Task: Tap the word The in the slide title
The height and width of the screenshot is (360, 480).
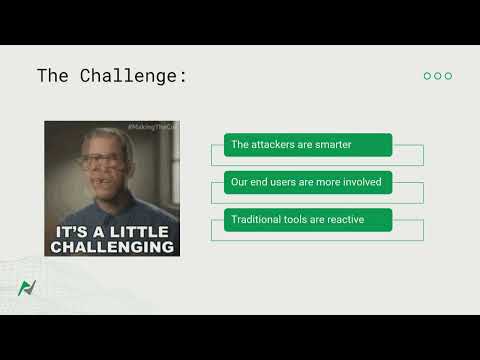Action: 53,76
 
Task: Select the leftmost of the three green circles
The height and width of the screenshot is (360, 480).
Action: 427,76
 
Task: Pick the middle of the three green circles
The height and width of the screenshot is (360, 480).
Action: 438,76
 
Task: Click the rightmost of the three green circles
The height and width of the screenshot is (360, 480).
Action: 449,76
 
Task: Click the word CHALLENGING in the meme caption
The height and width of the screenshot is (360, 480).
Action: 113,246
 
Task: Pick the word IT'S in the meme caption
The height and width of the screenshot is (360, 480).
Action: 69,230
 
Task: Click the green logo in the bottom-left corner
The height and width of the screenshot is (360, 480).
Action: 27,288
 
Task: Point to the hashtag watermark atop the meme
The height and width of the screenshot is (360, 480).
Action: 151,126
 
